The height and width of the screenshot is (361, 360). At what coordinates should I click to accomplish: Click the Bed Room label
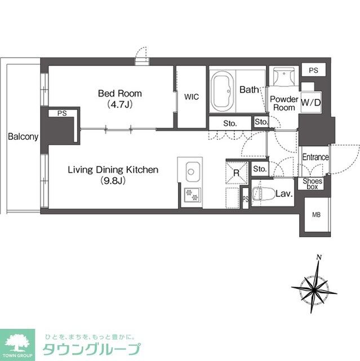[119, 93]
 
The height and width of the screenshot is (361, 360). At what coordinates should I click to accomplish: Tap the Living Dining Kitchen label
[113, 170]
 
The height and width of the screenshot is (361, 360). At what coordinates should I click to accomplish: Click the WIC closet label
[191, 96]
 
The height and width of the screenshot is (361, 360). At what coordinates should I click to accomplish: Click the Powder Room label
[283, 103]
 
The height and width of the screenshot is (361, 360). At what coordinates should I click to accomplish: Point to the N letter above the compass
[319, 258]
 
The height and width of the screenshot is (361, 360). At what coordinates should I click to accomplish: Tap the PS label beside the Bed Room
[61, 113]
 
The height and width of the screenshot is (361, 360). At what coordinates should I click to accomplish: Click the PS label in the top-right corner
[314, 70]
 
